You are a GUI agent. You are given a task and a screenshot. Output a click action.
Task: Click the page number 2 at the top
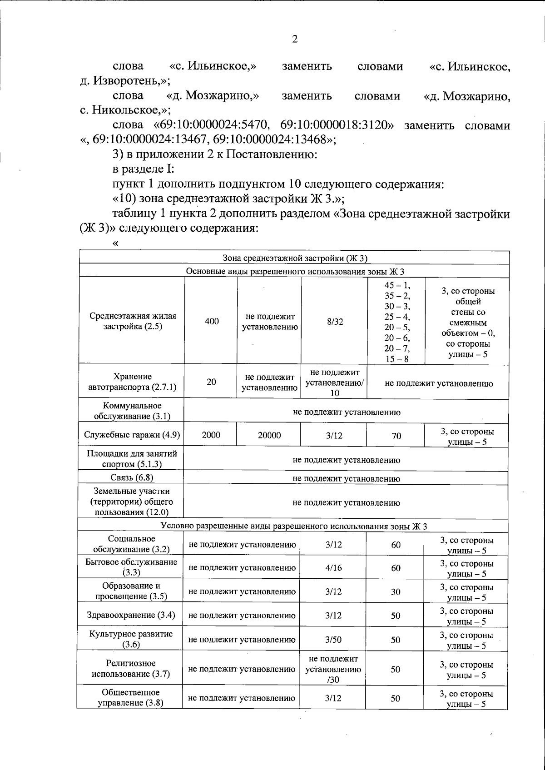tap(295, 40)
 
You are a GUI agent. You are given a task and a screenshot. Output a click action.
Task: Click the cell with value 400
tap(212, 321)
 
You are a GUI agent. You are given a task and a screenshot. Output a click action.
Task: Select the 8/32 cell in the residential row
tap(335, 322)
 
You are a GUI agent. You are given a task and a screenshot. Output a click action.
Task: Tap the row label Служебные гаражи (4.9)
tap(132, 435)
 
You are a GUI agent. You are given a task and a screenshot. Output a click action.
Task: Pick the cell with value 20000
tap(269, 435)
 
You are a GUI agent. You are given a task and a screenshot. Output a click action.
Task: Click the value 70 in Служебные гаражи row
tap(396, 436)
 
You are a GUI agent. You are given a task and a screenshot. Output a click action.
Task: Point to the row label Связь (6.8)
tap(132, 477)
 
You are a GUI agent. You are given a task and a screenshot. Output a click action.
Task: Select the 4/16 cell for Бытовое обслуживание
tap(334, 568)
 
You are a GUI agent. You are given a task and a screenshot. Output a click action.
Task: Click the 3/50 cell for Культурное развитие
tap(334, 640)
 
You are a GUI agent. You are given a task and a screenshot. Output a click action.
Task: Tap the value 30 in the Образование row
tap(396, 592)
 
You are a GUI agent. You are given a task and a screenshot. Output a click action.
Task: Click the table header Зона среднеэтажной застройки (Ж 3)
tap(294, 258)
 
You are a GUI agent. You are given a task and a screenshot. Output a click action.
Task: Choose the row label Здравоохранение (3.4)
tap(131, 616)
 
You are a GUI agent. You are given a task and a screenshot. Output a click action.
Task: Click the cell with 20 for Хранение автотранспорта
tap(212, 382)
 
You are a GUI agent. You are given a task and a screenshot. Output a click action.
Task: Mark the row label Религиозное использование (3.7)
tap(131, 669)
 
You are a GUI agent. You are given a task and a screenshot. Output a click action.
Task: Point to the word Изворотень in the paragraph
tap(127, 81)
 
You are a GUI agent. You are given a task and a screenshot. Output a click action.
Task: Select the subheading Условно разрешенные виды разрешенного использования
tap(294, 527)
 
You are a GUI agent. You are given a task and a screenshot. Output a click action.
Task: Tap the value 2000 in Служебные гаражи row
tap(211, 435)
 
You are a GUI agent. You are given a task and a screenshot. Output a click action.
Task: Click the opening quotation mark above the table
tap(115, 243)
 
